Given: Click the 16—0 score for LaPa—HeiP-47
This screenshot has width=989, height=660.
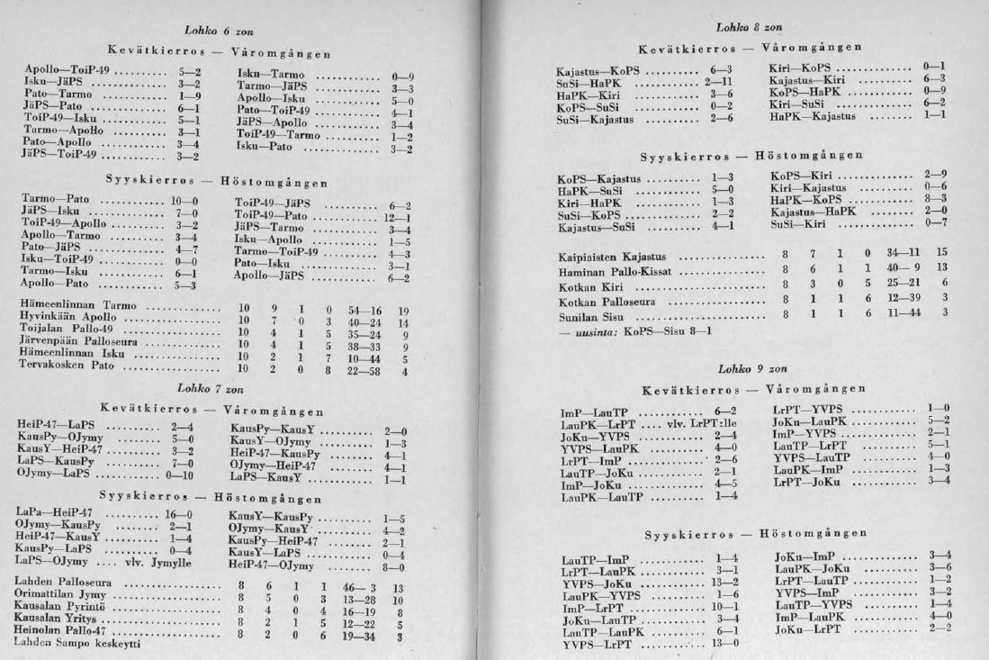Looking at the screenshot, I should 166,511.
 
